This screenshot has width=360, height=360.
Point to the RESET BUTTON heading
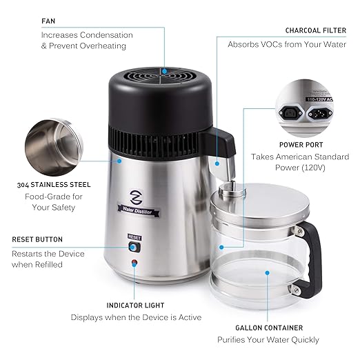(37, 239)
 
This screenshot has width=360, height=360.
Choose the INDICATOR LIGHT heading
(136, 304)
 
